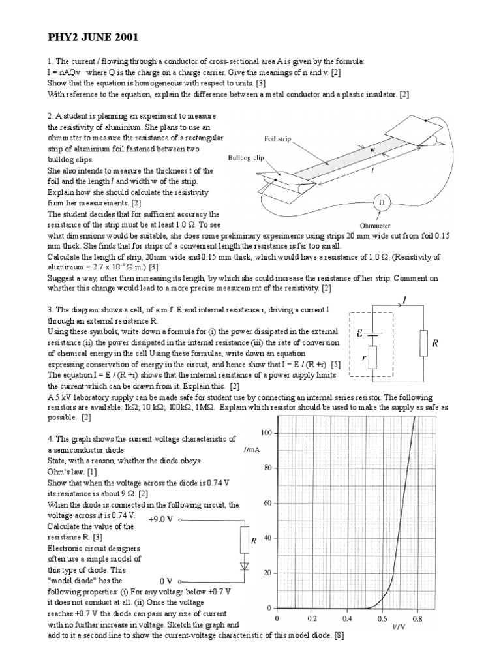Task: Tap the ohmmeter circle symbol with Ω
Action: [382, 203]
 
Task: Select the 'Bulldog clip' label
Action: [245, 157]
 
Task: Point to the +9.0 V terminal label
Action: [160, 520]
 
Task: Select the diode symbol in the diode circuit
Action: [245, 566]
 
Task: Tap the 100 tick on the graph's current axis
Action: [266, 433]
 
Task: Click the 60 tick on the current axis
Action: [267, 504]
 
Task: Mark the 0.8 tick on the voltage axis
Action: [417, 617]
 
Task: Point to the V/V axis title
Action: [399, 627]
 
